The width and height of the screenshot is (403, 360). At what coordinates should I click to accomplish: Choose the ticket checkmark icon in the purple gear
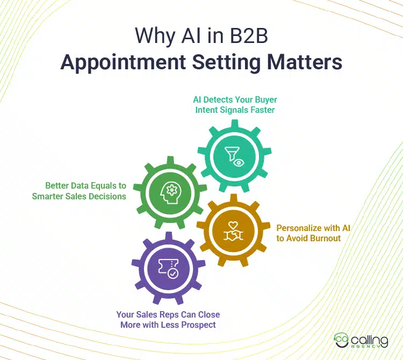[x=167, y=267]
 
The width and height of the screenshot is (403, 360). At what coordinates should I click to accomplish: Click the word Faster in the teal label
[x=264, y=110]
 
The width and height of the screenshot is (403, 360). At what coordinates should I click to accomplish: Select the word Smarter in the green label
[x=50, y=196]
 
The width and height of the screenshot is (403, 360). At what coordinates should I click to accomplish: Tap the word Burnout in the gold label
[x=325, y=238]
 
